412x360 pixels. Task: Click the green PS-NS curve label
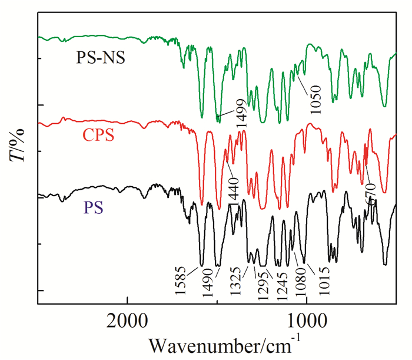pos(101,58)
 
